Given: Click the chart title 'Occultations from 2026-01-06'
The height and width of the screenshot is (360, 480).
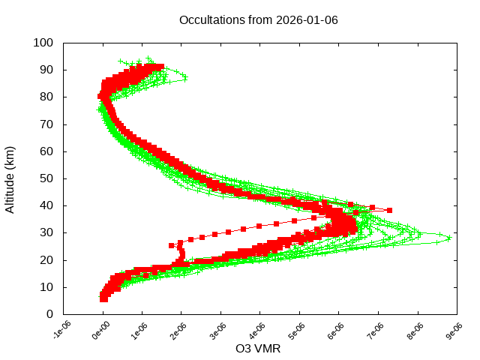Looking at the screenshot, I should pyautogui.click(x=258, y=19).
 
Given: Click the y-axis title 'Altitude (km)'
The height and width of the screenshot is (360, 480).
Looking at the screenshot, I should pyautogui.click(x=10, y=178).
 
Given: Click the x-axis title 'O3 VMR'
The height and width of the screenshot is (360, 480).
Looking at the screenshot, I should pyautogui.click(x=258, y=349).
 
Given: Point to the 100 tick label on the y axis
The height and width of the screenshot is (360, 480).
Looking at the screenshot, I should pyautogui.click(x=43, y=43).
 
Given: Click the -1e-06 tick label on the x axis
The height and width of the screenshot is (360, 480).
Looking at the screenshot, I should pyautogui.click(x=62, y=330).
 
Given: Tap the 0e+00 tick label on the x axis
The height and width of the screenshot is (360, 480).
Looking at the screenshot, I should pyautogui.click(x=101, y=330).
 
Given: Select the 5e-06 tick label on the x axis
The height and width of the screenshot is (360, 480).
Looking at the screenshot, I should pyautogui.click(x=298, y=330).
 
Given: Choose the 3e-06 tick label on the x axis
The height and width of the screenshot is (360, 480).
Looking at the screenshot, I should pyautogui.click(x=219, y=330).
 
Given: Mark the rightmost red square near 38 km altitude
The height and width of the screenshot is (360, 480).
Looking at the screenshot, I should pyautogui.click(x=389, y=210).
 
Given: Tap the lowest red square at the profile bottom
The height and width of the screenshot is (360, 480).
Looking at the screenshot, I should pyautogui.click(x=103, y=299).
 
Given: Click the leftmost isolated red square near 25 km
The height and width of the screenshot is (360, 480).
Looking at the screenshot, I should pyautogui.click(x=172, y=245).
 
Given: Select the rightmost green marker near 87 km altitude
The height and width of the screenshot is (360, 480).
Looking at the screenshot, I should pyautogui.click(x=184, y=78).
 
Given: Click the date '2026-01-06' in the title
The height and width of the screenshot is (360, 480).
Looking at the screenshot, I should pyautogui.click(x=307, y=19).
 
